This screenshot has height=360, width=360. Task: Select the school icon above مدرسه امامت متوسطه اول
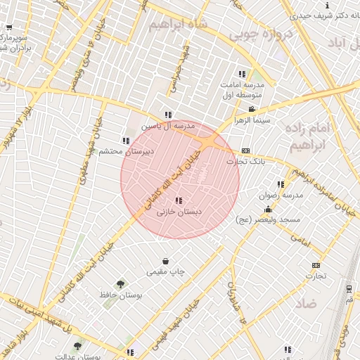pos(243,74)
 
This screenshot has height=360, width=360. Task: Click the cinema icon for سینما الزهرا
pos(252,109)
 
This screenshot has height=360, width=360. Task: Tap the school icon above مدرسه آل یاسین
pos(167,115)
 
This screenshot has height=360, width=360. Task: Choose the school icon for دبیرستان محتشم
pos(126,140)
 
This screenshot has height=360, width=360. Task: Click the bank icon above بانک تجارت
pos(245,150)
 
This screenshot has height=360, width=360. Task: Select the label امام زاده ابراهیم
pos(307,135)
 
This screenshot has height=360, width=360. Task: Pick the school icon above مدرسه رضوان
pos(281,185)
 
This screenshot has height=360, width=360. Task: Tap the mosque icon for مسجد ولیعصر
pos(268,210)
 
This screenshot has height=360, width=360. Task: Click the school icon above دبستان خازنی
pos(177,200)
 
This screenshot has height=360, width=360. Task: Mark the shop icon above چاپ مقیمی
pos(165,262)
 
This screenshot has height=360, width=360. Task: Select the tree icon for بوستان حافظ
pos(121,285)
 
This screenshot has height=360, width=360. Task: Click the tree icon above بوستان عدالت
pos(77,346)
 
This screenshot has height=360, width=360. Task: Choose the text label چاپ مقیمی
pos(165,272)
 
